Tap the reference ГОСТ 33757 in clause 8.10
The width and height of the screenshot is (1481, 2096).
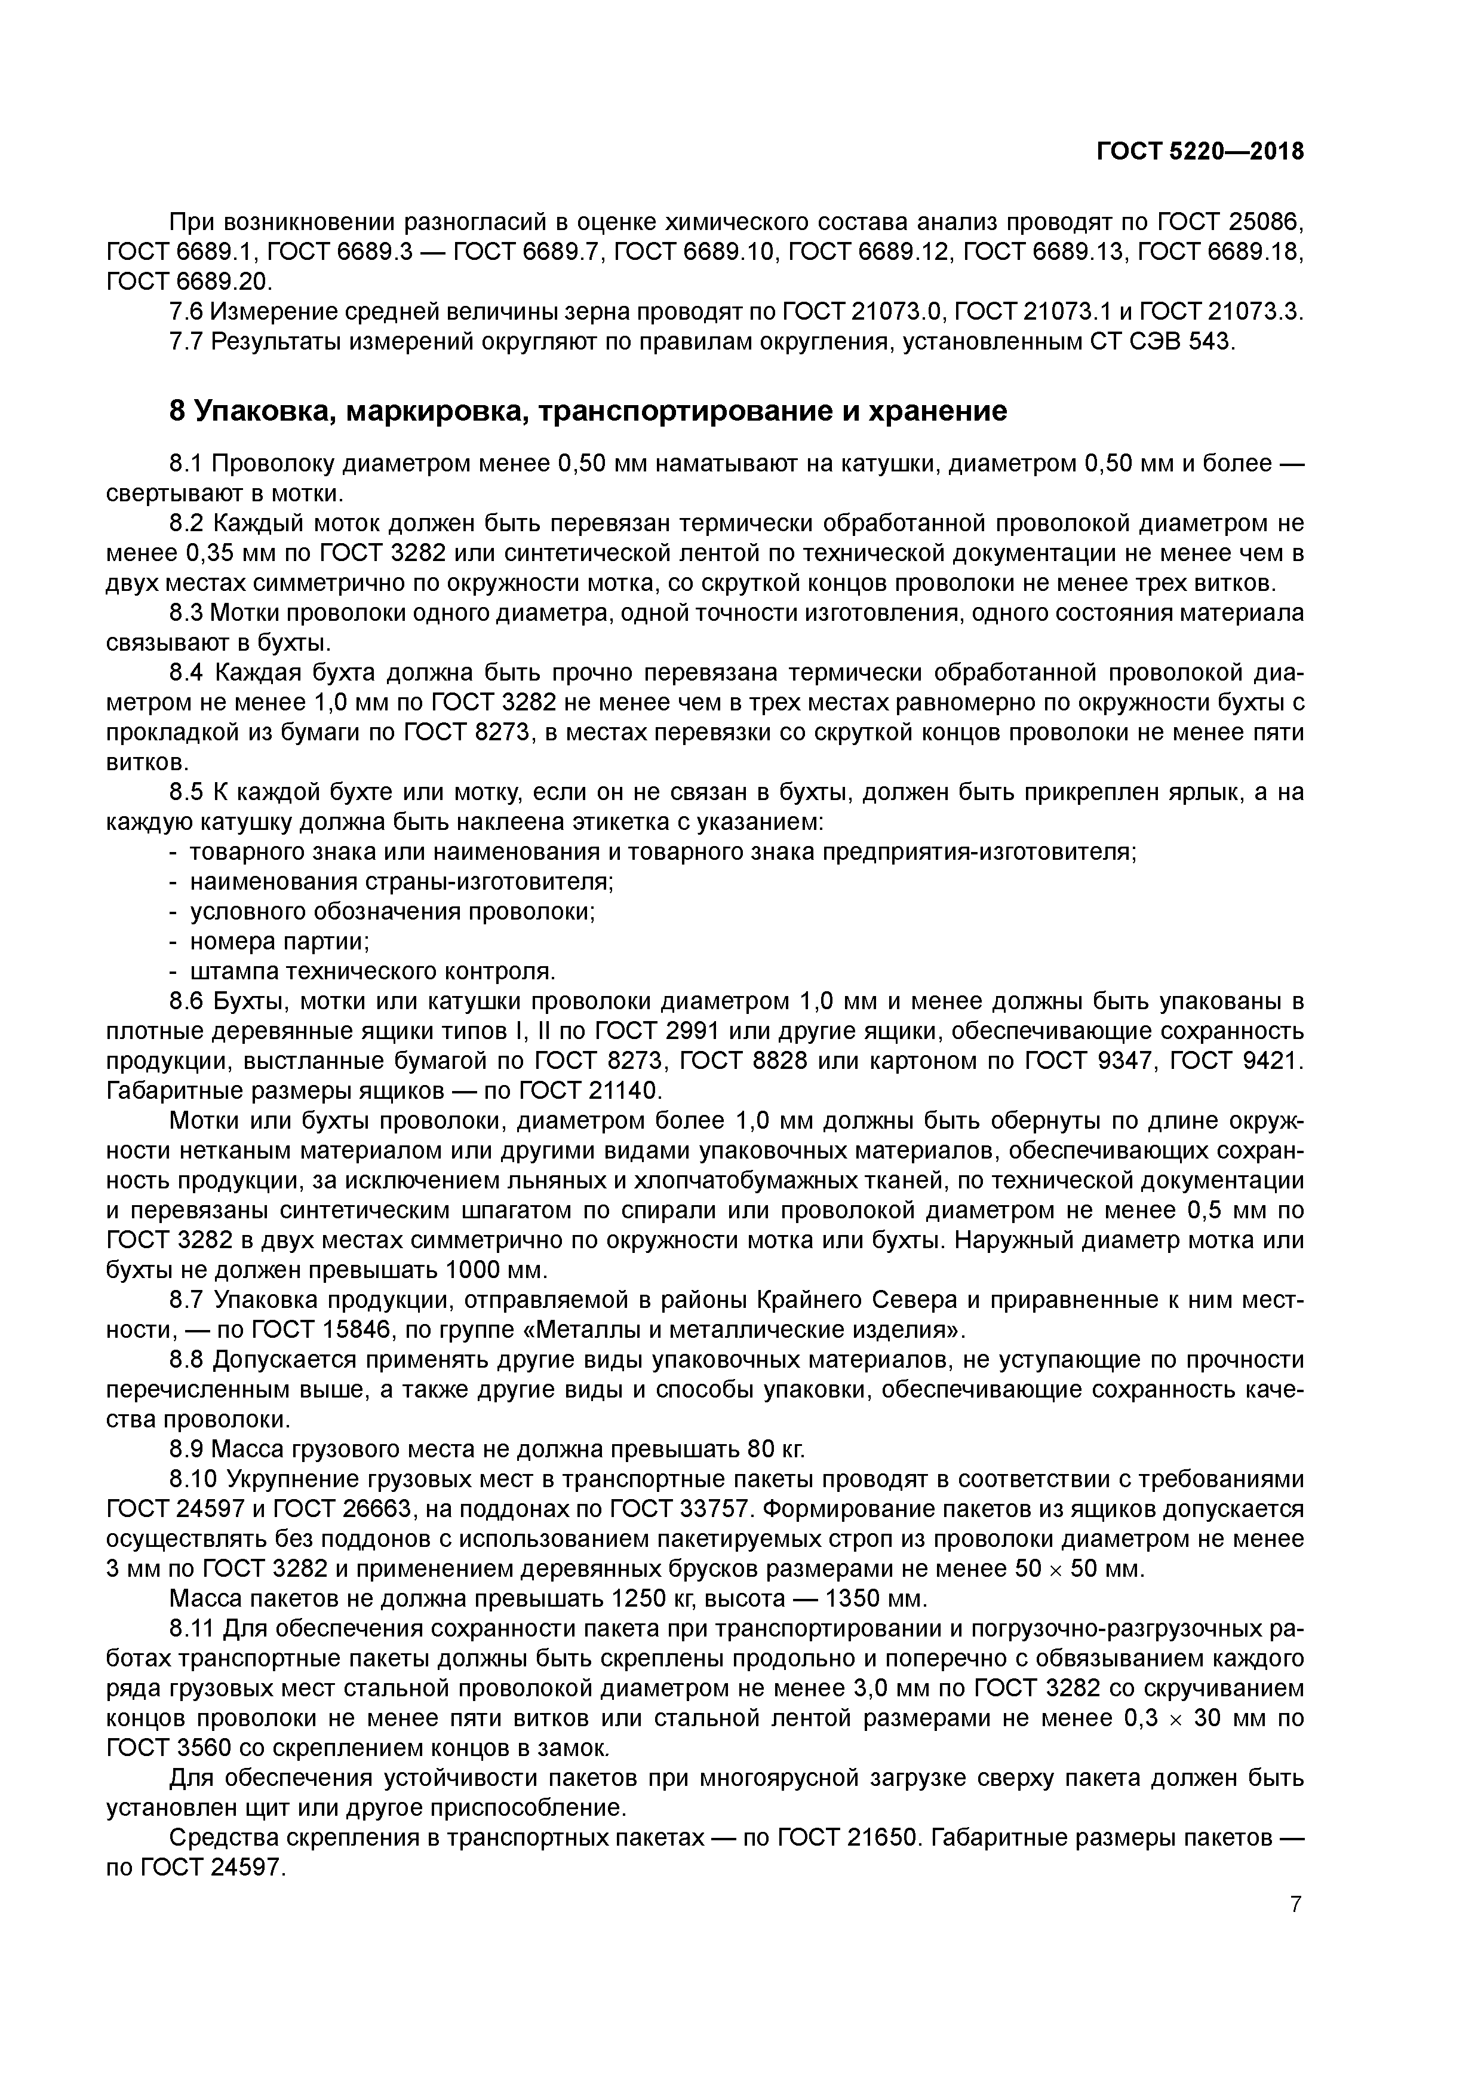tap(676, 1509)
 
